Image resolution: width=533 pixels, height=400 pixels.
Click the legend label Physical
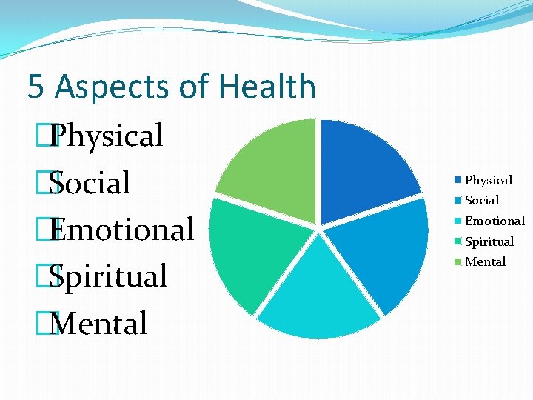tap(489, 180)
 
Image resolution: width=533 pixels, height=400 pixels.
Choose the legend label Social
tap(482, 200)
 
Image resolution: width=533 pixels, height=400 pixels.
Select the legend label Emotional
tap(495, 221)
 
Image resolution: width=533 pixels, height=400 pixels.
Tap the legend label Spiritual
tap(489, 241)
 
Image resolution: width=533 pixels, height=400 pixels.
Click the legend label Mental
tap(486, 261)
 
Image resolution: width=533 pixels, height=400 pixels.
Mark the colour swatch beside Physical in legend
tap(459, 180)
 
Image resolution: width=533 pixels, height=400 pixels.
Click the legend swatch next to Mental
tap(459, 261)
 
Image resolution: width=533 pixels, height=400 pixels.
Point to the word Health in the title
tap(266, 86)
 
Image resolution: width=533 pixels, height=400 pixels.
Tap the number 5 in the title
tap(36, 87)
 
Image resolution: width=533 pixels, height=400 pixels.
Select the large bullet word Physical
tap(108, 136)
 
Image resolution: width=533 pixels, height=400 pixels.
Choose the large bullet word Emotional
tap(123, 230)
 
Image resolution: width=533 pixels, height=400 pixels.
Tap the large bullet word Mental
tap(101, 324)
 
